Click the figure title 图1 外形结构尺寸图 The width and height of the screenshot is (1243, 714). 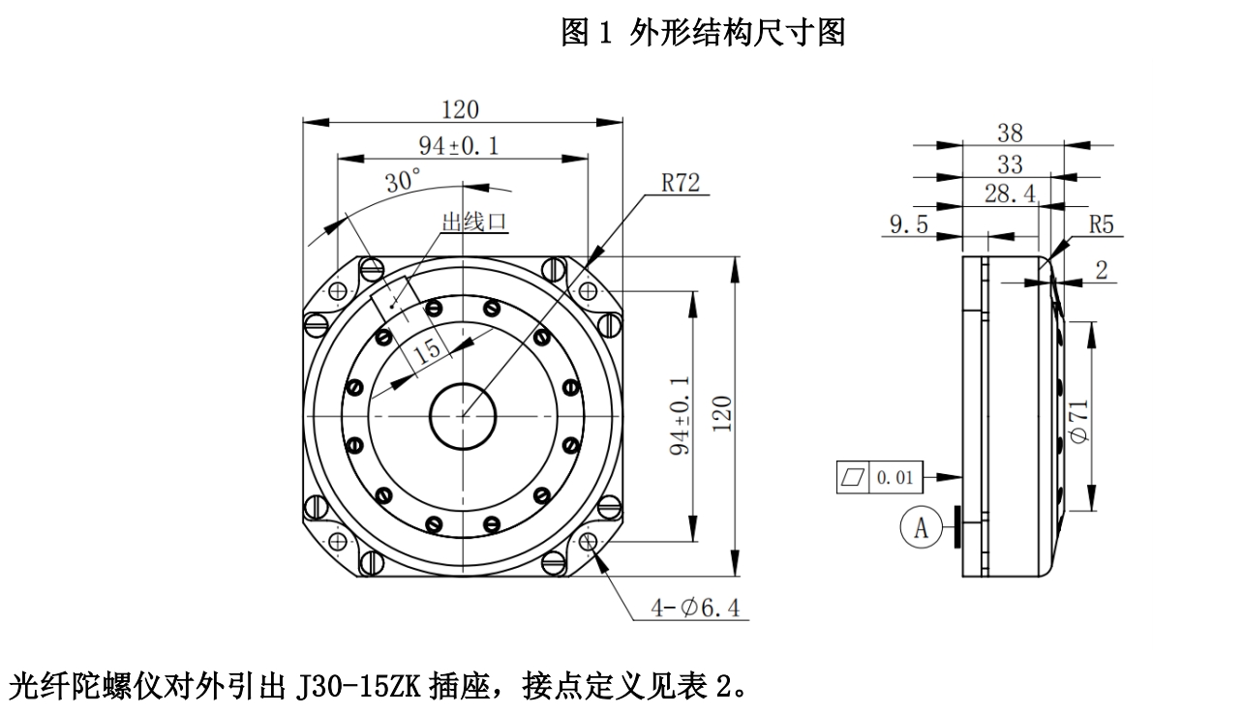(704, 34)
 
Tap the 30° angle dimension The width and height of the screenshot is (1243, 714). (402, 180)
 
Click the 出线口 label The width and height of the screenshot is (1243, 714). (474, 223)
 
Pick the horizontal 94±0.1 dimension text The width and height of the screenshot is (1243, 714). (458, 145)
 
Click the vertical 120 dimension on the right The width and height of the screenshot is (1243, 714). (723, 414)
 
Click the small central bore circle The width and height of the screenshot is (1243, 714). (463, 416)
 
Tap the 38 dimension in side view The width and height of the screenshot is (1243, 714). (1010, 134)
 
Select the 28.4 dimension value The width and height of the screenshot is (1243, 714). (1009, 193)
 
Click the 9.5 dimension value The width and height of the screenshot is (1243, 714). (908, 225)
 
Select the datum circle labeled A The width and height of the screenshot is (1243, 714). (921, 528)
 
